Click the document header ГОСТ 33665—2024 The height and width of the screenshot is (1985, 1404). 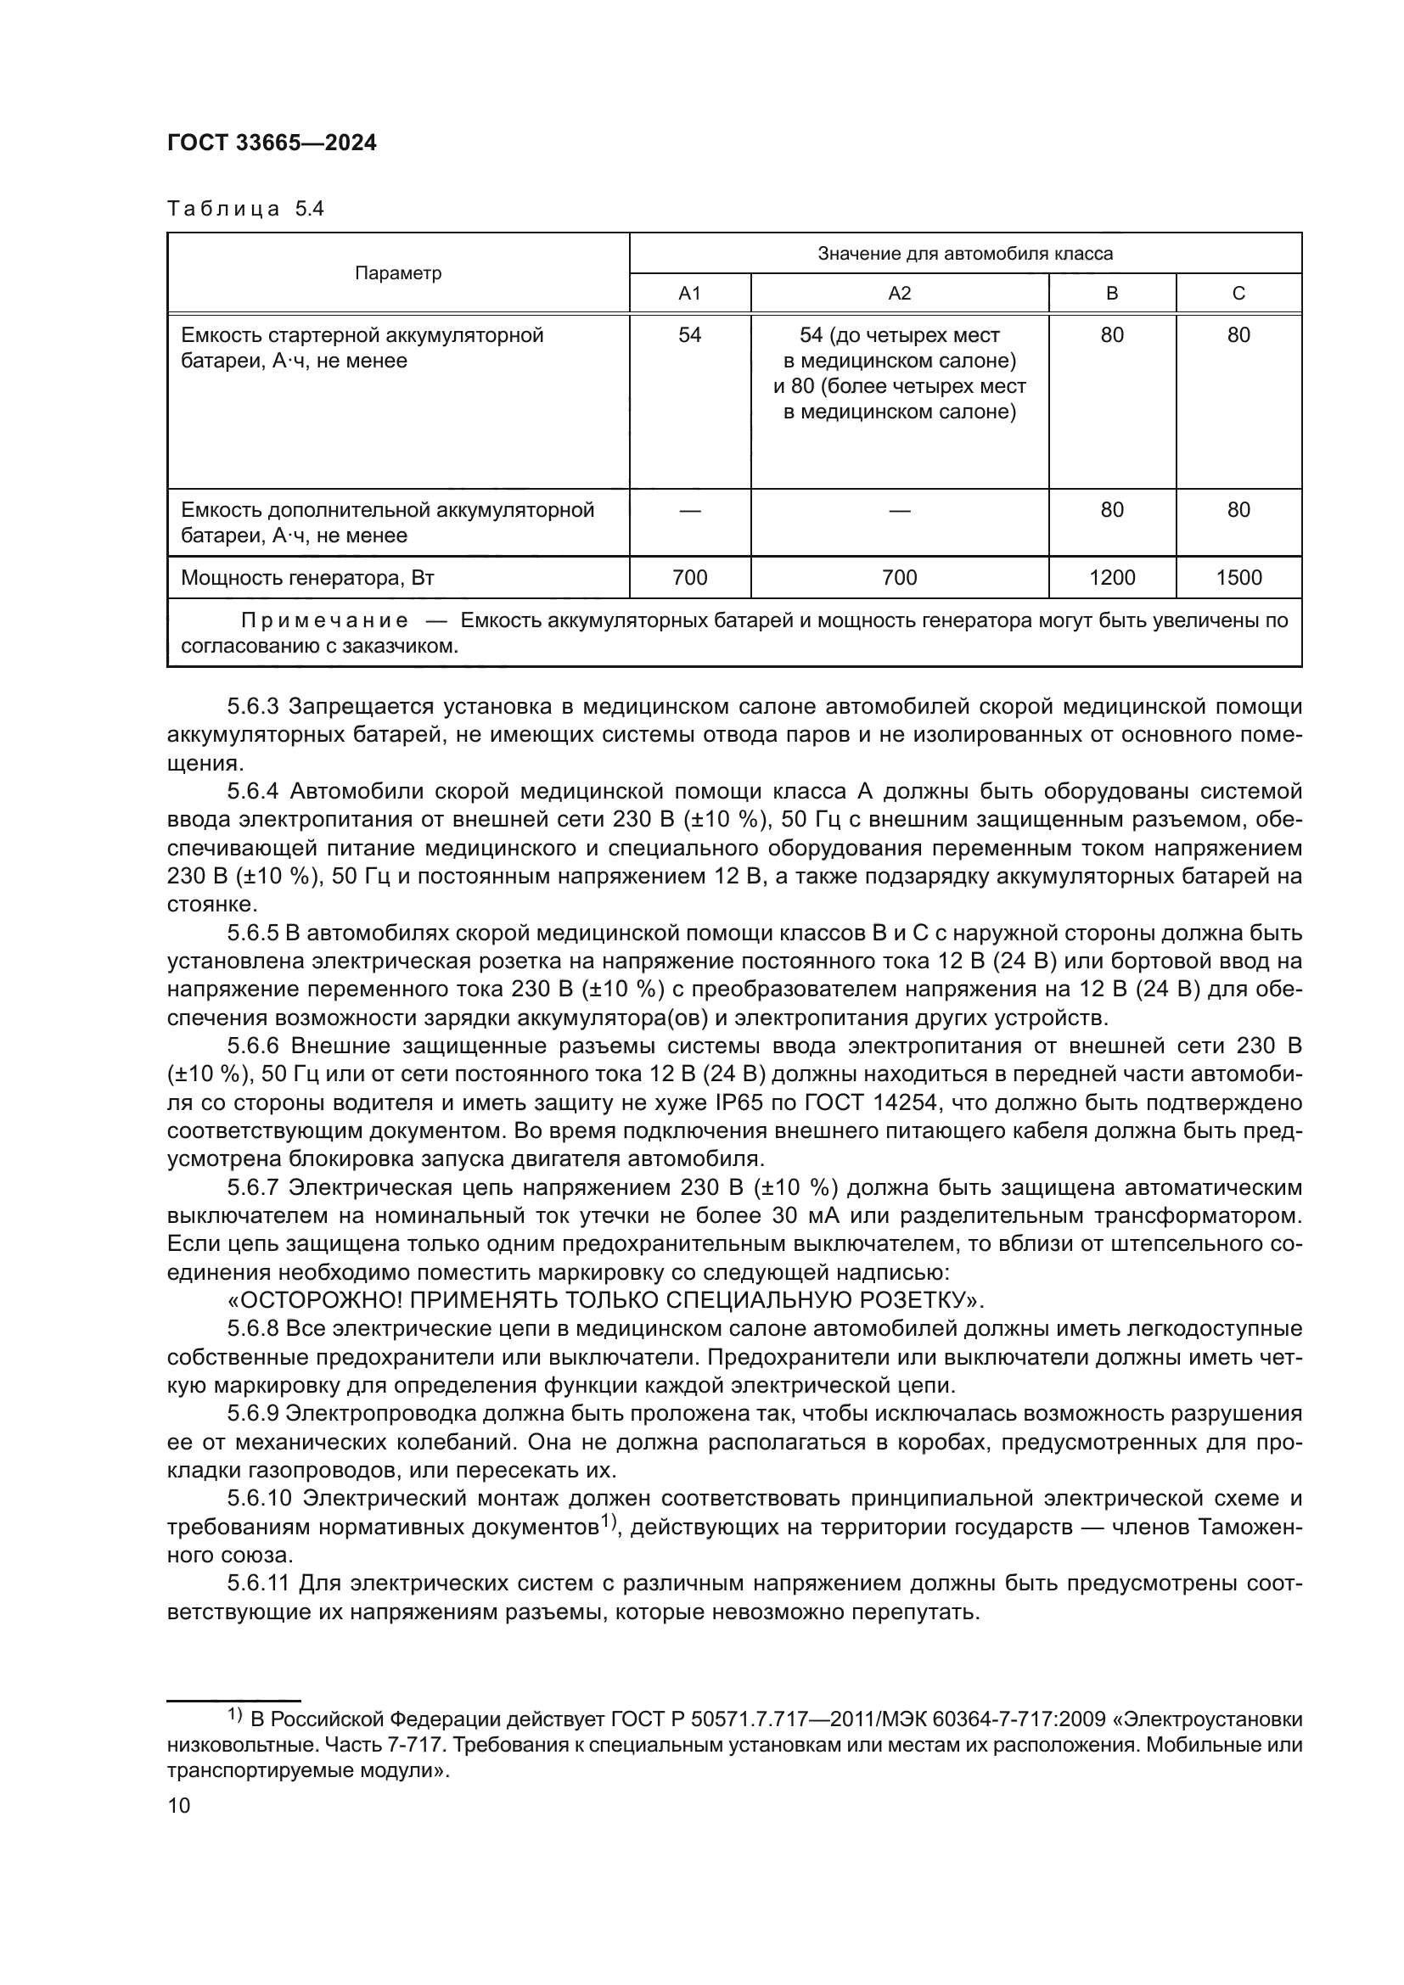pyautogui.click(x=272, y=143)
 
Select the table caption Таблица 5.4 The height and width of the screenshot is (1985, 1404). pyautogui.click(x=244, y=209)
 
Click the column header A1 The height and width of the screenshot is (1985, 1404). pyautogui.click(x=689, y=293)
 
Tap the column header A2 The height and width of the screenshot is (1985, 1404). pyautogui.click(x=899, y=293)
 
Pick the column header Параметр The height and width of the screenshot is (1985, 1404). pyautogui.click(x=397, y=273)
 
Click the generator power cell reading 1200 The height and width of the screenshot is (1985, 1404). pyautogui.click(x=1112, y=578)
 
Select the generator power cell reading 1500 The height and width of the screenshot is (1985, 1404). pyautogui.click(x=1238, y=578)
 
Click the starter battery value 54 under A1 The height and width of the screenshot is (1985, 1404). pyautogui.click(x=689, y=335)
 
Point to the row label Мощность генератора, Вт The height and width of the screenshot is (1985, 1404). pyautogui.click(x=307, y=578)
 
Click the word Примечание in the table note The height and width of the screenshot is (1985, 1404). pyautogui.click(x=324, y=620)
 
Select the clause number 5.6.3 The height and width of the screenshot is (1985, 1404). pyautogui.click(x=252, y=707)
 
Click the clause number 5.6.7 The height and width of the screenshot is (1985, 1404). pyautogui.click(x=252, y=1188)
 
